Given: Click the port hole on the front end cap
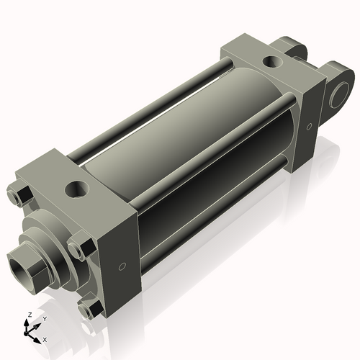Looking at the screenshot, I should click(x=76, y=190).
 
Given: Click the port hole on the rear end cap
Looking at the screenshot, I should click(x=274, y=62).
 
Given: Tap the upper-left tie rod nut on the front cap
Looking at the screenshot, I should click(x=22, y=195).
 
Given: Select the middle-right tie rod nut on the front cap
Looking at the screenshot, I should click(x=78, y=250).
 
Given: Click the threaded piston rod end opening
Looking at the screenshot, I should click(x=20, y=262).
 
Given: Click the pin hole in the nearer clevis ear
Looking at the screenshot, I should click(x=338, y=94).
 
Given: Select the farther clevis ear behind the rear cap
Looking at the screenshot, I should click(x=294, y=48).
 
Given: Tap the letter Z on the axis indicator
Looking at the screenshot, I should click(x=27, y=315).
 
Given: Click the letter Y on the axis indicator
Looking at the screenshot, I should click(x=45, y=318).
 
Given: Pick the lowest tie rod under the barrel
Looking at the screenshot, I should click(x=216, y=216).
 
